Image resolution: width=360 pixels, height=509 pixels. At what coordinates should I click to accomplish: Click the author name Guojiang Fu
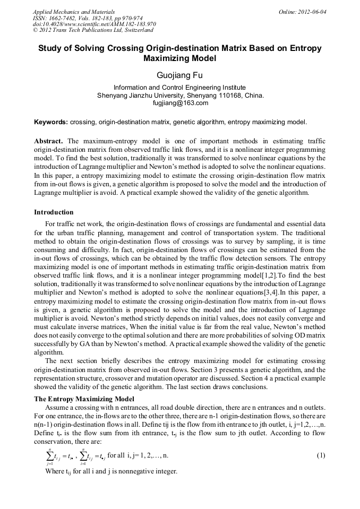coord(179,75)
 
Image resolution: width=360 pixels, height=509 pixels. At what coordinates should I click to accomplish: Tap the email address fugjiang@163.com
coord(179,103)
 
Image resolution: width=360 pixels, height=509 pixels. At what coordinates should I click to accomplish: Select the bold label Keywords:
coord(51,122)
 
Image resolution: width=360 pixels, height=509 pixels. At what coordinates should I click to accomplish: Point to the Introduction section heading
coord(54,212)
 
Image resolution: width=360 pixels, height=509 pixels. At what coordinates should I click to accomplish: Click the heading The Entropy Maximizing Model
coord(84,399)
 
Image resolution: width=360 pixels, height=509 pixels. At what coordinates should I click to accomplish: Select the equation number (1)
coord(321,456)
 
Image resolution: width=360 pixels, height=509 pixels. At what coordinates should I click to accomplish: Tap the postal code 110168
coord(224,96)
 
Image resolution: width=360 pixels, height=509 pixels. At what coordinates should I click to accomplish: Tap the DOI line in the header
coord(95,24)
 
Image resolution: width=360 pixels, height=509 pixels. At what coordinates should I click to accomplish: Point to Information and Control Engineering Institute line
coord(179,88)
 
